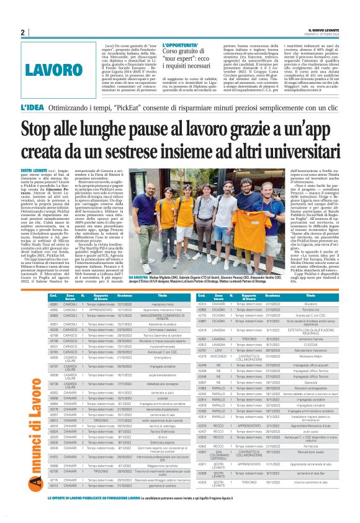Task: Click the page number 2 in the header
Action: point(22,32)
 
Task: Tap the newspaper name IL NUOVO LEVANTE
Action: point(323,29)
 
